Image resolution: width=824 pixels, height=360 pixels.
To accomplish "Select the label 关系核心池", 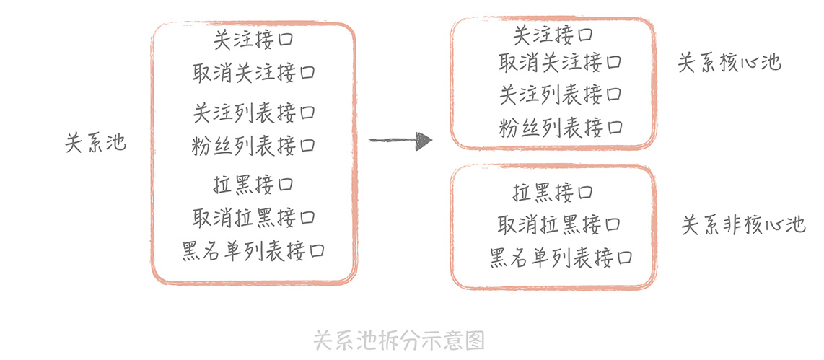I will click(x=729, y=63).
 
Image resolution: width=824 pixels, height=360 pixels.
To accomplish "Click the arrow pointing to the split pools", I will click(x=400, y=140).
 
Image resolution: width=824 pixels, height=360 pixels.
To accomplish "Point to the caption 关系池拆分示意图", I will click(x=399, y=340).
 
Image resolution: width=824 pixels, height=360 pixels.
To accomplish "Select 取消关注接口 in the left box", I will click(x=254, y=73).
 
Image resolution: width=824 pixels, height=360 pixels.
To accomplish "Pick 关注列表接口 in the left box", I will click(x=254, y=113).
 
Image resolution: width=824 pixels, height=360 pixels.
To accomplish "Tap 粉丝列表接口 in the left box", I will click(x=254, y=146).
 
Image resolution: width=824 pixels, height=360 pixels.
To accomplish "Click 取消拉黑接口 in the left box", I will click(x=254, y=217).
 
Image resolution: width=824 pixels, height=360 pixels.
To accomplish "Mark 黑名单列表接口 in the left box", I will click(x=254, y=251).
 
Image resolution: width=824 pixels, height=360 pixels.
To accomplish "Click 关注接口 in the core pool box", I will click(x=553, y=34).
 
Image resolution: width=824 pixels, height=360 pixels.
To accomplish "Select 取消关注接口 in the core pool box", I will click(x=560, y=63).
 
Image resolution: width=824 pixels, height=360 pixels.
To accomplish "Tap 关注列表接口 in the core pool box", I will click(x=560, y=95).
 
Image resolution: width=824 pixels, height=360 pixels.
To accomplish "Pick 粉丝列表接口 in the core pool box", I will click(x=560, y=128).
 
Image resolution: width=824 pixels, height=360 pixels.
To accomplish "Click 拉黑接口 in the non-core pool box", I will click(x=553, y=193).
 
